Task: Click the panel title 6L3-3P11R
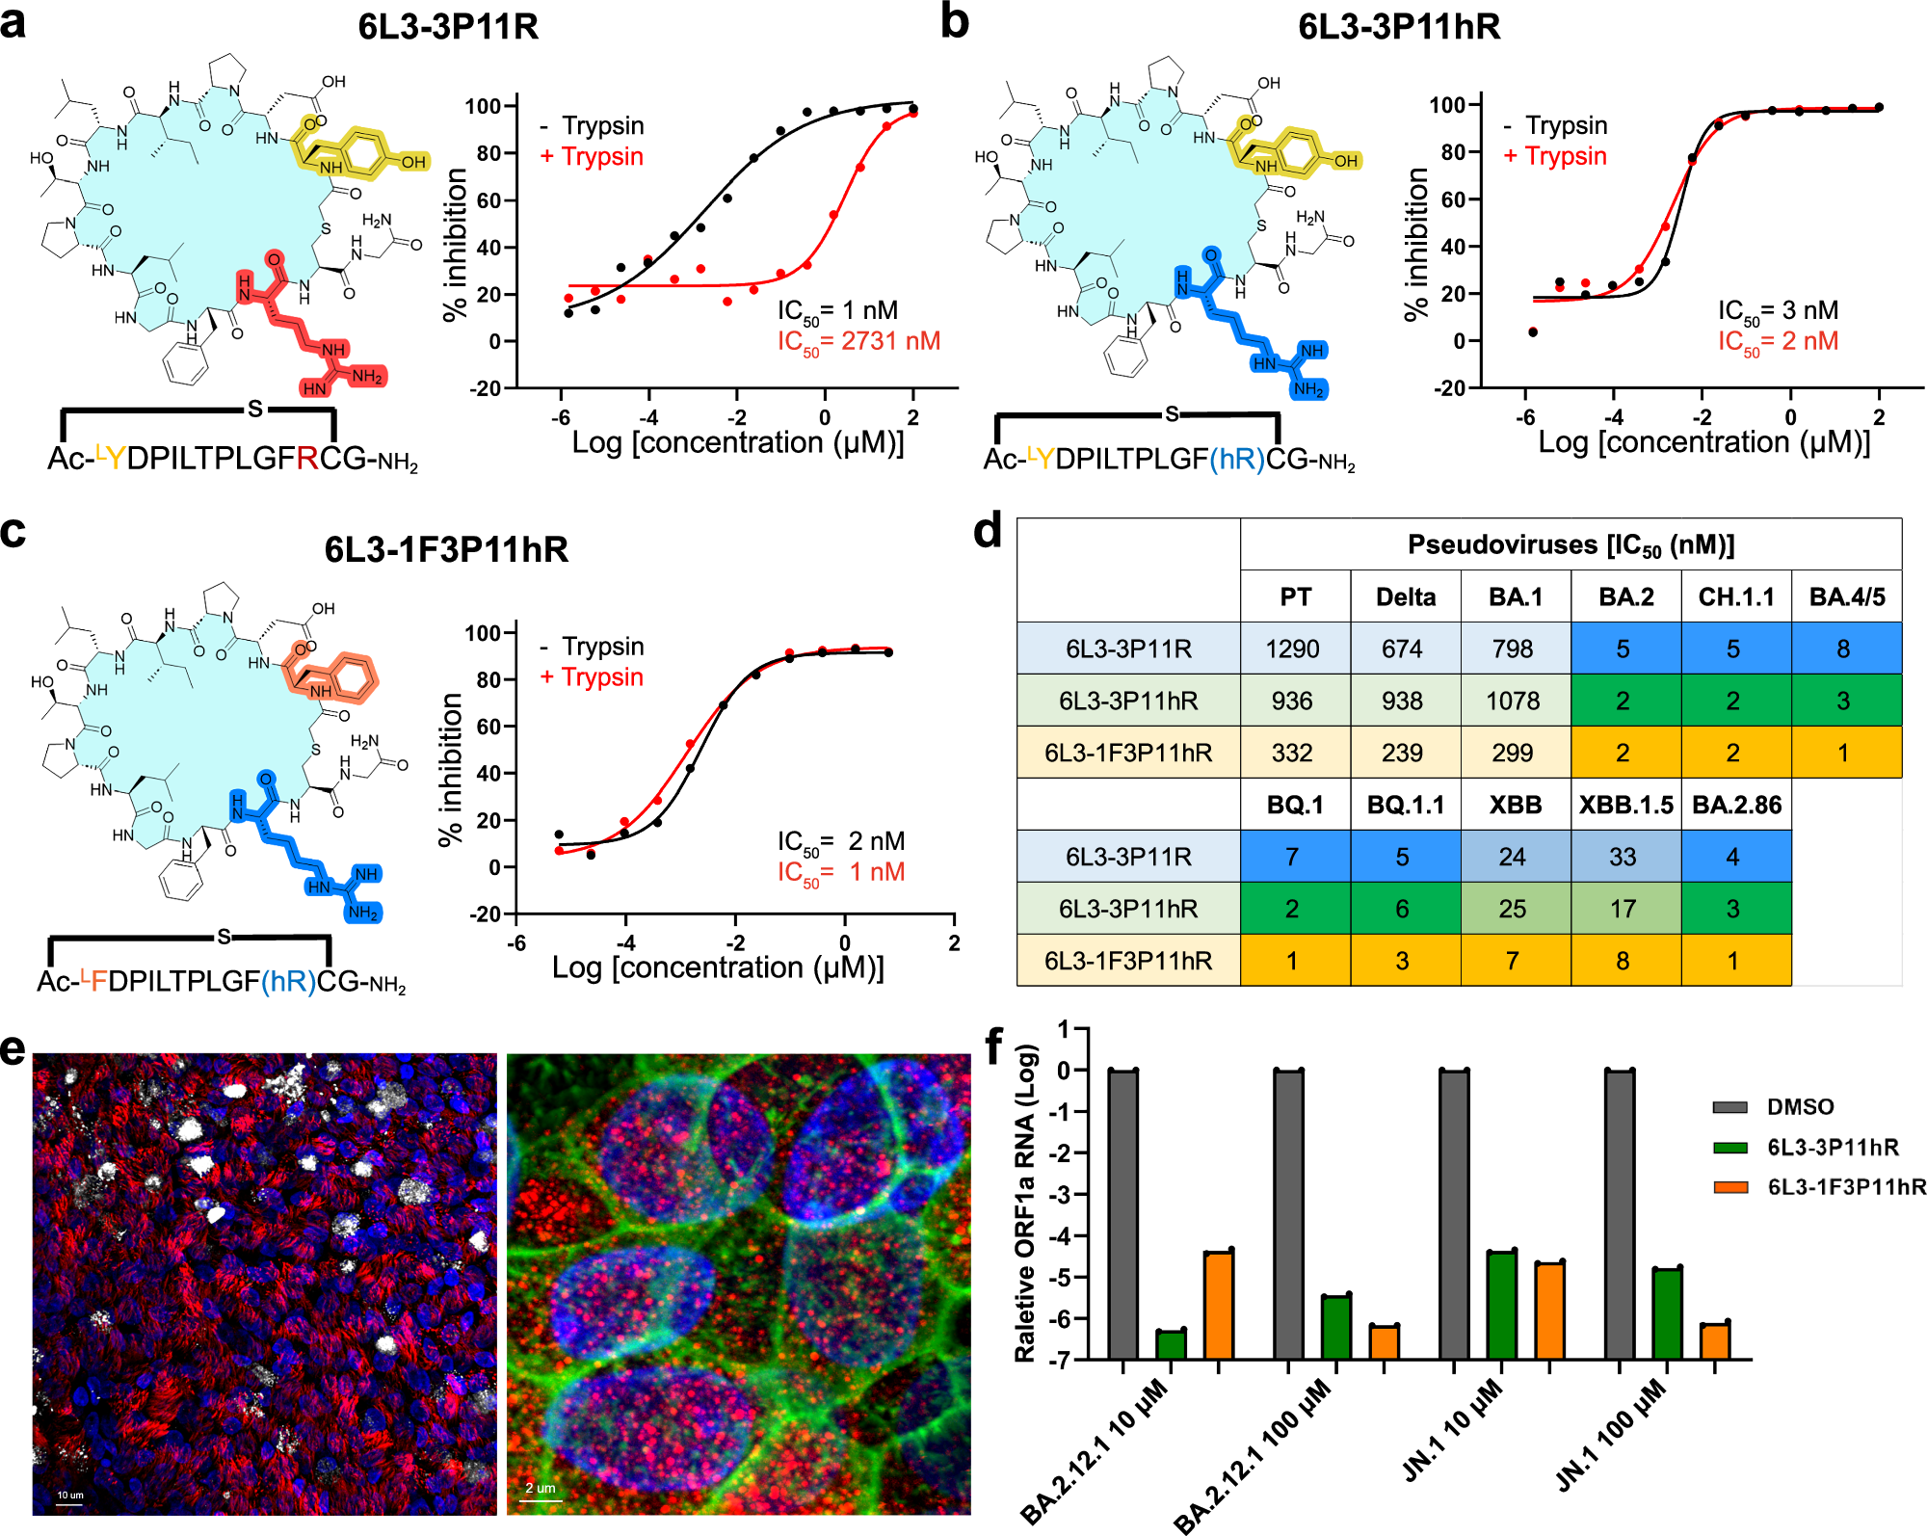[448, 26]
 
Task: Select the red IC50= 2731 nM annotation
[858, 341]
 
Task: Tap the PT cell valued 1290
[1293, 649]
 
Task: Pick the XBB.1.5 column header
[1625, 805]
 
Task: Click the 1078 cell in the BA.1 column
[1513, 701]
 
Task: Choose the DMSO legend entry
[1799, 1106]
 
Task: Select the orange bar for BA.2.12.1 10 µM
[1219, 1305]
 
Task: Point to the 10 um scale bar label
[69, 1496]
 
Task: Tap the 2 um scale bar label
[540, 1488]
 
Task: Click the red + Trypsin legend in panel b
[1555, 156]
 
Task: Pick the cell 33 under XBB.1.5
[1623, 857]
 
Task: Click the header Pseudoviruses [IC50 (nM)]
[1571, 545]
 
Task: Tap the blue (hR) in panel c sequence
[288, 981]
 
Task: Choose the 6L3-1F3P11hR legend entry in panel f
[1845, 1186]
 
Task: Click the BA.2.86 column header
[1736, 805]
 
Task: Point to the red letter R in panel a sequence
[307, 459]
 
